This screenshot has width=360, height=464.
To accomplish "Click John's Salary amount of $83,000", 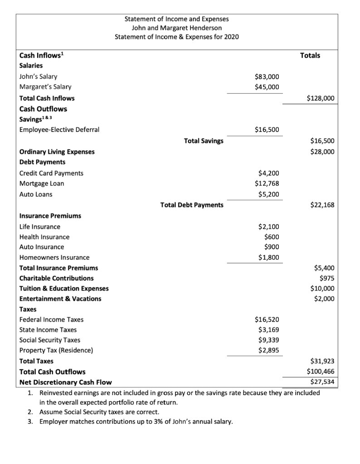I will click(267, 77).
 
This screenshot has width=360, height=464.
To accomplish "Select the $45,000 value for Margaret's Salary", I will click(267, 87).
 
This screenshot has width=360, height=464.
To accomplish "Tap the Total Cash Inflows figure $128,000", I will click(321, 98).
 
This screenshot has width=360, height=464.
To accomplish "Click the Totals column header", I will click(310, 55).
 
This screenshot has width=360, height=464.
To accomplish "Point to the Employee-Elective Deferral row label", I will click(59, 130).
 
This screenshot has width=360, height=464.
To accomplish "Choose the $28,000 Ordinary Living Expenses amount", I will click(322, 151).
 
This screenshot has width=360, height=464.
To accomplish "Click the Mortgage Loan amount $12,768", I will click(267, 183).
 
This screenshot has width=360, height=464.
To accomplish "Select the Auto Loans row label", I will click(36, 194).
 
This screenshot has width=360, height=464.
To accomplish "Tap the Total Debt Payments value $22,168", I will click(322, 205).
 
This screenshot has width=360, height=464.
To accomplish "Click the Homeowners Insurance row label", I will click(54, 257).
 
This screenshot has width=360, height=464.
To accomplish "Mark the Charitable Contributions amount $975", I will click(327, 278).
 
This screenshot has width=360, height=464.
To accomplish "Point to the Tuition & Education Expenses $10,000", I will click(322, 288).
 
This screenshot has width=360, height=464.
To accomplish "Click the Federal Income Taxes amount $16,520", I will click(267, 319).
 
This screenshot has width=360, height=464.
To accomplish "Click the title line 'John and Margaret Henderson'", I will click(177, 28).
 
